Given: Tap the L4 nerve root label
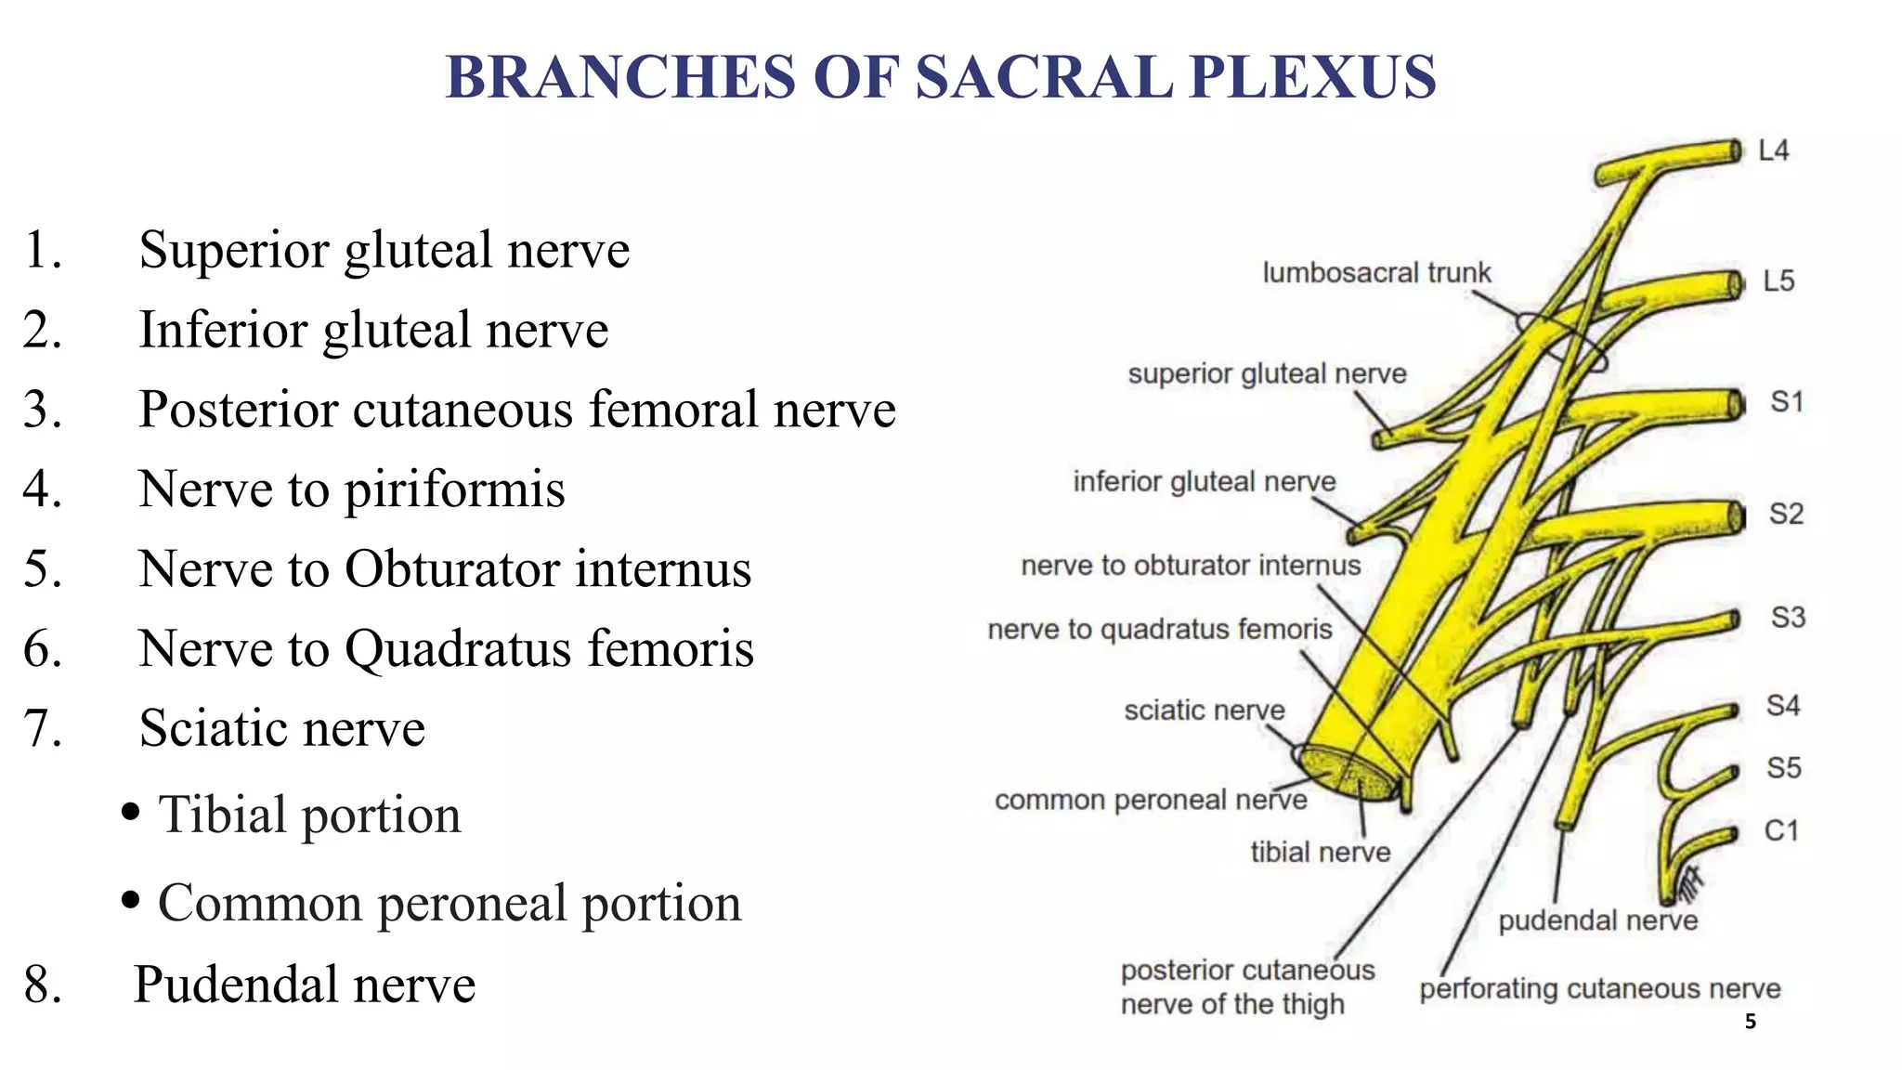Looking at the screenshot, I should (x=1773, y=150).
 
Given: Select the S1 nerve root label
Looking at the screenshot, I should (x=1786, y=402).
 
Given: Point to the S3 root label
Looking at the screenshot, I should (x=1788, y=618).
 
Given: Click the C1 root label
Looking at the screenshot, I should (x=1781, y=830).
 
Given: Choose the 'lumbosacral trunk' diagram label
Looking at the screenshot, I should (x=1376, y=273).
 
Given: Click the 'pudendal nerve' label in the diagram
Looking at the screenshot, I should (x=1597, y=920).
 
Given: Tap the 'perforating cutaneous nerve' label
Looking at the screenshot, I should (x=1599, y=989).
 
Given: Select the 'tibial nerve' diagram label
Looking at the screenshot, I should (x=1320, y=852).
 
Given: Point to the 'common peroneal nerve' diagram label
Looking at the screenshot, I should (x=1150, y=800).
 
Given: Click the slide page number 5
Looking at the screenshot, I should (x=1751, y=1022).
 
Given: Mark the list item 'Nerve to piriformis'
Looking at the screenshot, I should (x=351, y=489).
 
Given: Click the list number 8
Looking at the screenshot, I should (x=43, y=985).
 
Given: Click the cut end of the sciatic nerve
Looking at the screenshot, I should (x=1349, y=773).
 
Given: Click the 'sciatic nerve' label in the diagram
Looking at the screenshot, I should (x=1204, y=711).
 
